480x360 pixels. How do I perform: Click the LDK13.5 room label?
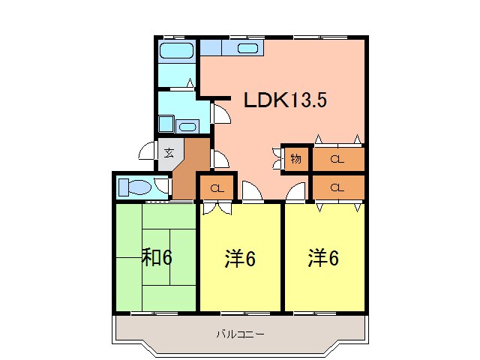[x=283, y=100]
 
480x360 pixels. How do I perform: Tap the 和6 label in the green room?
[x=157, y=257]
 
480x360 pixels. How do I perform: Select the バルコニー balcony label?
[x=240, y=334]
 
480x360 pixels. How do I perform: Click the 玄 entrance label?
[x=169, y=153]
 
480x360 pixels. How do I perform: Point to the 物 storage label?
[x=295, y=158]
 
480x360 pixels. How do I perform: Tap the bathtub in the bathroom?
[x=177, y=52]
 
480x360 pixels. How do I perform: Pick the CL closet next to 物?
[x=337, y=158]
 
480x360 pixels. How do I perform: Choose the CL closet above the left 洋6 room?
[x=217, y=187]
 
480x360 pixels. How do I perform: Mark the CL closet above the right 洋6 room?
[x=337, y=187]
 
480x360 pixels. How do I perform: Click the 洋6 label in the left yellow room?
[x=240, y=259]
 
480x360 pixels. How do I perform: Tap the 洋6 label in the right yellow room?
[x=323, y=258]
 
